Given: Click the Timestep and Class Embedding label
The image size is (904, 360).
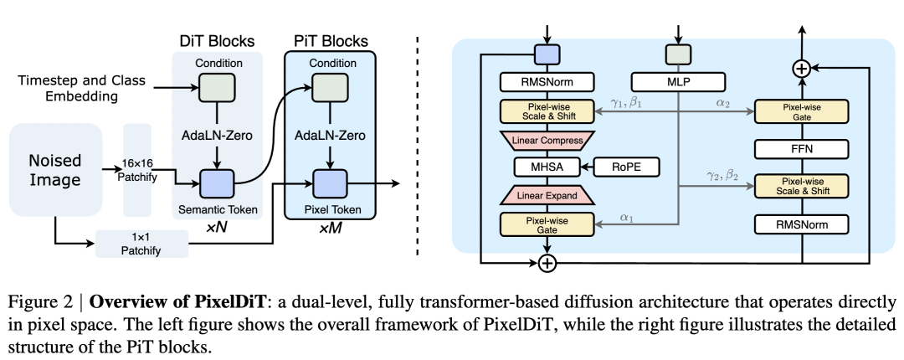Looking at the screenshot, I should (80, 88).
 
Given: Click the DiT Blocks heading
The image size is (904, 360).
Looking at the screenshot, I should (217, 40).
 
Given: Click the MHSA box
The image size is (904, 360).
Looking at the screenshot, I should (546, 167).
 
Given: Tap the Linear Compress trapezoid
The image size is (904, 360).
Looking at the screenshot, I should (546, 138).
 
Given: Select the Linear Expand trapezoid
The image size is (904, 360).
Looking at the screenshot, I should (546, 196).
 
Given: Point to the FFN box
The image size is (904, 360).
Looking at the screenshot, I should (800, 149).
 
